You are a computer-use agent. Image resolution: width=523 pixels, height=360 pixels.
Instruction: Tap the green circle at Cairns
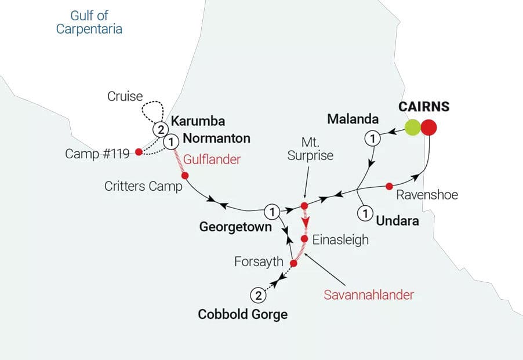tap(413, 127)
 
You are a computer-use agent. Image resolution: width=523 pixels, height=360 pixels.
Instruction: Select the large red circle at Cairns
tap(430, 127)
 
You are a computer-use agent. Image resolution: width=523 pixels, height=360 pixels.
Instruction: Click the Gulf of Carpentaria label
tap(89, 22)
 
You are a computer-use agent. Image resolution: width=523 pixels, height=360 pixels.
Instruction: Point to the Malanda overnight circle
tap(372, 139)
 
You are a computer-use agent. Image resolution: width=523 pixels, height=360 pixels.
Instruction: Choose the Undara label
tap(397, 220)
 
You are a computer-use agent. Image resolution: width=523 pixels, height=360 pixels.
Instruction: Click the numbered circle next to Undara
tap(364, 214)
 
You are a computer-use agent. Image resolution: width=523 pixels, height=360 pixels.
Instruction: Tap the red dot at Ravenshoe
tap(390, 186)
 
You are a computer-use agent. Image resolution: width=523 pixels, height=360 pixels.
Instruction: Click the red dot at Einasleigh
tap(304, 239)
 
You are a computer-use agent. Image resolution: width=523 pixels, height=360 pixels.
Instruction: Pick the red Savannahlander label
tap(369, 294)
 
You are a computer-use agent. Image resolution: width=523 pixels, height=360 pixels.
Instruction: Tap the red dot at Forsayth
tap(293, 263)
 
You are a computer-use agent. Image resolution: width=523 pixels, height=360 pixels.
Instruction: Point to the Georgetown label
tap(235, 227)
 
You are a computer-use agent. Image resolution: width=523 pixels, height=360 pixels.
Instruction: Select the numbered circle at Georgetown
tap(271, 210)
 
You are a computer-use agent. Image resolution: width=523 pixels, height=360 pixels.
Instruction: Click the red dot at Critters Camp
tap(185, 176)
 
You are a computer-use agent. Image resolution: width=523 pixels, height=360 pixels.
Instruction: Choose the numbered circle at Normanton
tap(172, 141)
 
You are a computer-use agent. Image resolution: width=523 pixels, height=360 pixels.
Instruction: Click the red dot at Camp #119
tap(138, 152)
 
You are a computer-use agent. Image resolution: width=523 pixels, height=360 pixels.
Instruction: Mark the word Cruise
tap(125, 96)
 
